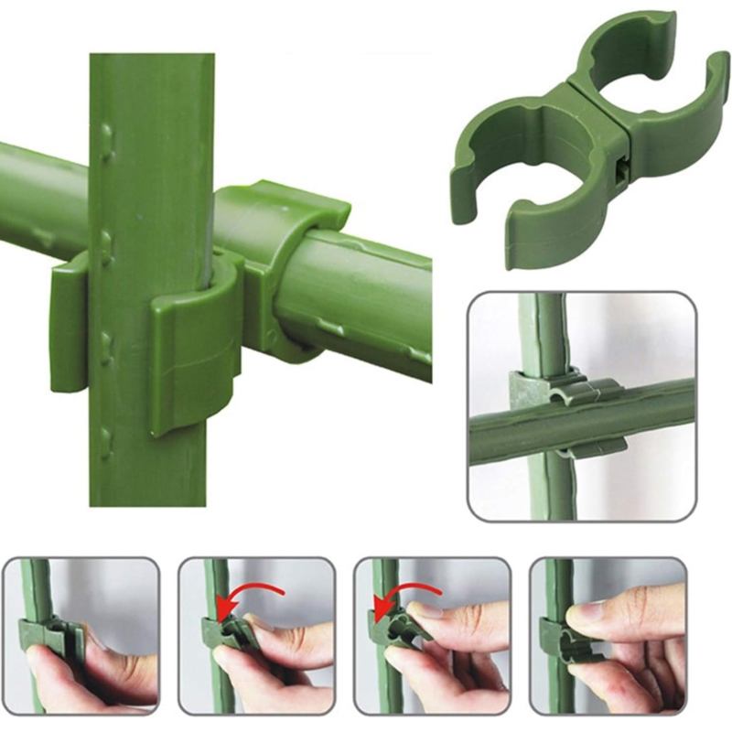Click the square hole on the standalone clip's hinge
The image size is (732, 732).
coord(623,171)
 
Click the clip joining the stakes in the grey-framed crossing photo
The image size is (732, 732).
coord(558,403)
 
